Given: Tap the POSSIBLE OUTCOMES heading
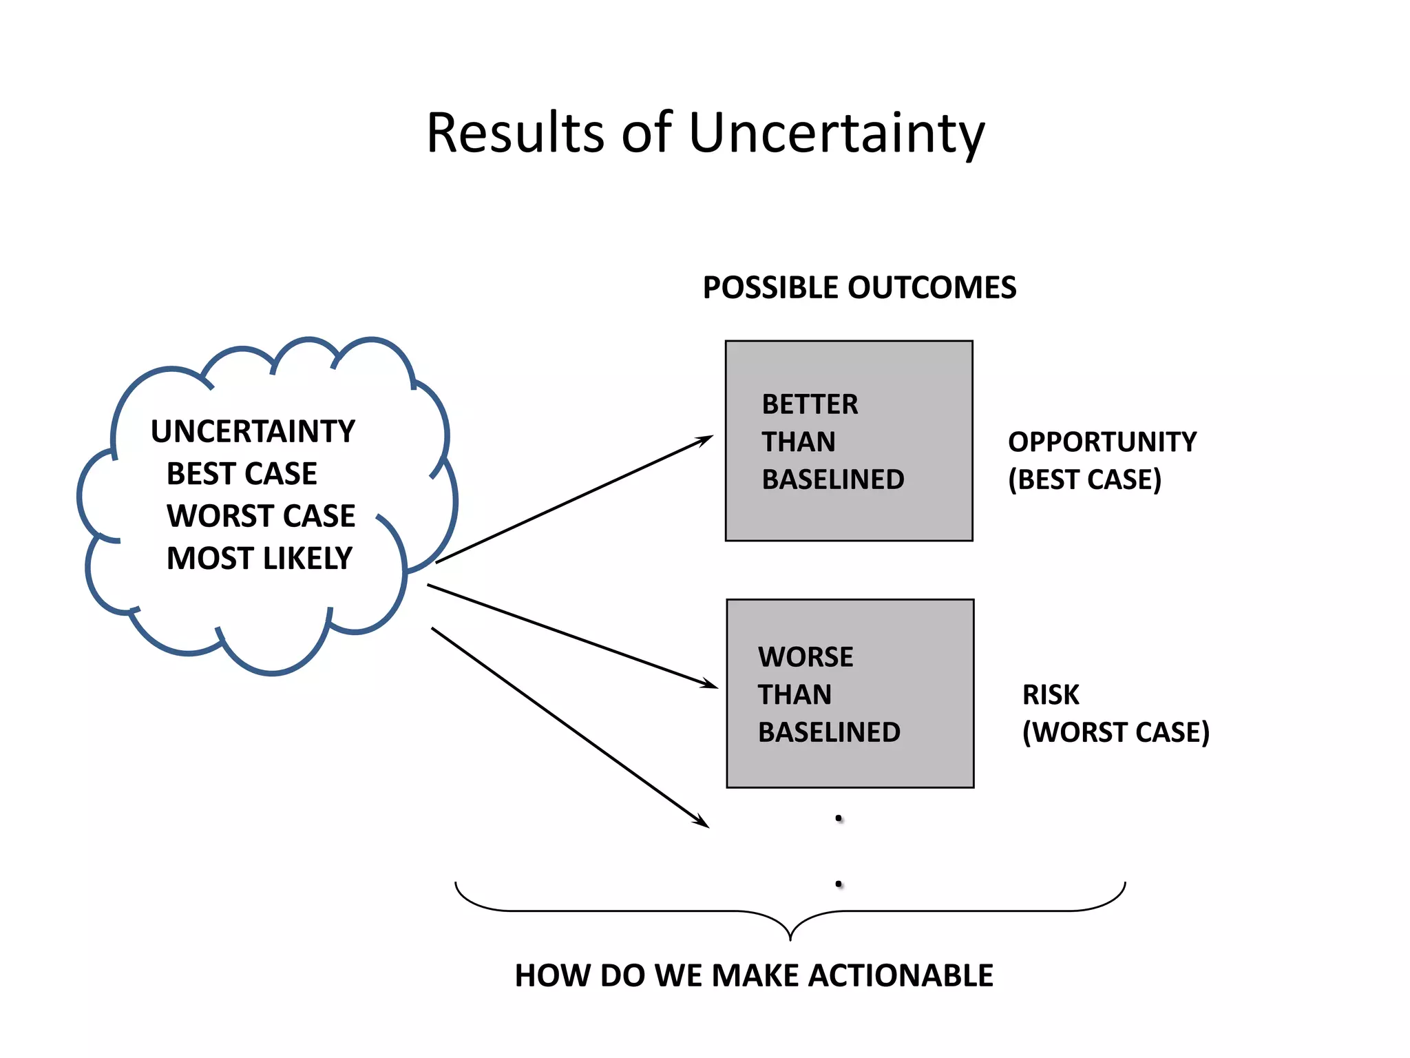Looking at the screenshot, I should click(x=859, y=288).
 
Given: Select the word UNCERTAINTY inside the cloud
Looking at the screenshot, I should click(x=253, y=432).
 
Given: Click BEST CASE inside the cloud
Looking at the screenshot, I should click(x=242, y=474).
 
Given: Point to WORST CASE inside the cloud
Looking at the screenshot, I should click(x=261, y=516).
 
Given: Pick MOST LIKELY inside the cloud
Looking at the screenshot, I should click(x=260, y=559).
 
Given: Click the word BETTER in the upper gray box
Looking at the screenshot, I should click(x=810, y=404).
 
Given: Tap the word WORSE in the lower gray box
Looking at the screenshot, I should click(x=806, y=657).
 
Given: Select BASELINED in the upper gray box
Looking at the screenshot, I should click(x=833, y=479).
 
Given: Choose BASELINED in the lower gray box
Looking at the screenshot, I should click(x=829, y=732).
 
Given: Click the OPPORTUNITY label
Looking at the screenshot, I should click(x=1102, y=442).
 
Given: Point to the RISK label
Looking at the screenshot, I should click(x=1051, y=695).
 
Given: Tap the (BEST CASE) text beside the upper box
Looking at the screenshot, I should click(x=1084, y=479).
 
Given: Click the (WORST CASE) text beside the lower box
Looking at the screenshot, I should click(x=1115, y=732).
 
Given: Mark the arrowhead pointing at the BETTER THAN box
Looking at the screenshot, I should click(x=706, y=439).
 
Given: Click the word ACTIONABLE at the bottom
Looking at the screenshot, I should click(x=901, y=976).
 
